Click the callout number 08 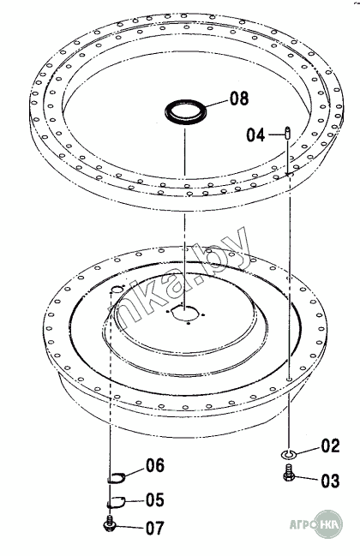pyautogui.click(x=239, y=99)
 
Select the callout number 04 pyautogui.click(x=255, y=135)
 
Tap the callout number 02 pyautogui.click(x=330, y=445)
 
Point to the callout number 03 pyautogui.click(x=330, y=481)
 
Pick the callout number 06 pyautogui.click(x=155, y=465)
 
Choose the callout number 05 pyautogui.click(x=155, y=500)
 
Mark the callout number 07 pyautogui.click(x=155, y=529)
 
